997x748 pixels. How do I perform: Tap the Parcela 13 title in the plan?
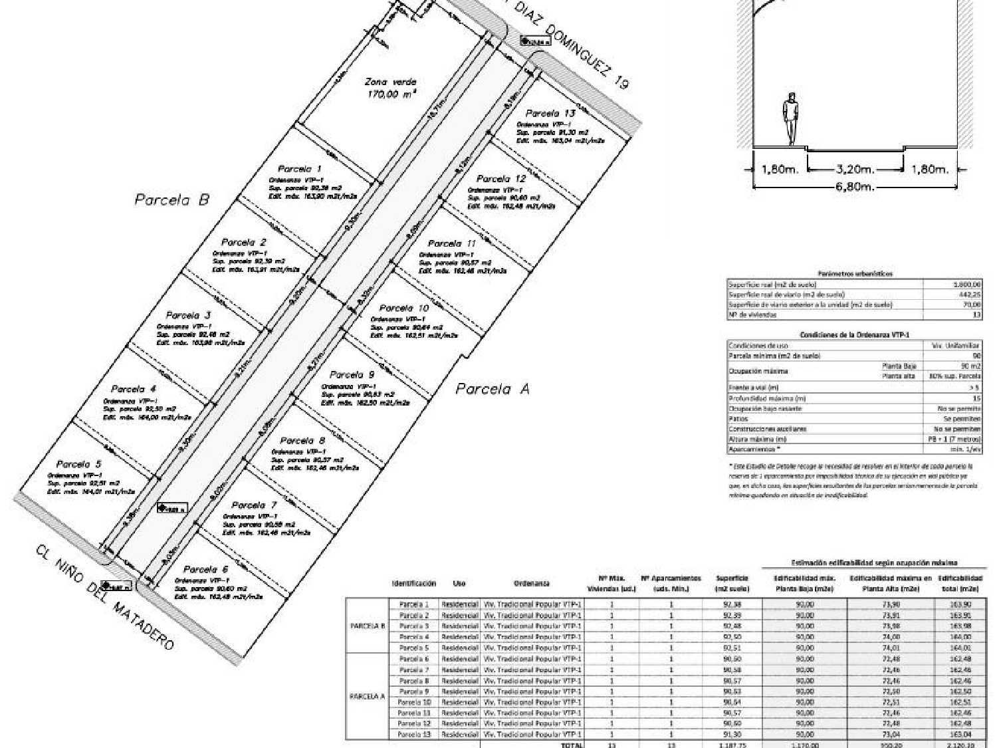coord(550,114)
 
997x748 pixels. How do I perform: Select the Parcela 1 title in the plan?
coord(299,170)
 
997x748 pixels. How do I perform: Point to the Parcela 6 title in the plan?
coord(205,570)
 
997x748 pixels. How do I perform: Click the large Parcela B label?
coord(172,199)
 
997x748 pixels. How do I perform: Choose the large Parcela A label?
coord(492,389)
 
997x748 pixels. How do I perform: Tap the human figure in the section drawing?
coord(790,118)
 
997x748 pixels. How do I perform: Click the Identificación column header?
coord(413,584)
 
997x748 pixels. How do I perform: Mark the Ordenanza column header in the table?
coord(532,584)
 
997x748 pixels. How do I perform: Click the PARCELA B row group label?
coord(367,626)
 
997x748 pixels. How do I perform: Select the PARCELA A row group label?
coord(367,697)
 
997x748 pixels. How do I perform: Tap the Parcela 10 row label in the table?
coord(414,702)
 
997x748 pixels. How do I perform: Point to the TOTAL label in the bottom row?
coord(572,745)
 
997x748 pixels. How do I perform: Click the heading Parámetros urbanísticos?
coord(855,273)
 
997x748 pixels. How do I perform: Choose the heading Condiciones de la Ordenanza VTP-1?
coord(855,335)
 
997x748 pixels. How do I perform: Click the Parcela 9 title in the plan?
coord(352,375)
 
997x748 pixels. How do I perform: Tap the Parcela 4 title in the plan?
coord(134,389)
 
